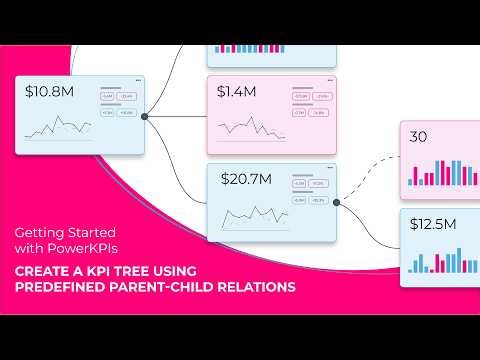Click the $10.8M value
click(x=49, y=92)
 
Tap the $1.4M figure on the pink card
click(x=236, y=92)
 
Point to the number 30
click(x=419, y=135)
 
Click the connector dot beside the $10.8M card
click(x=144, y=117)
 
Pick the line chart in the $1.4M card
click(x=249, y=127)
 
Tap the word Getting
click(x=40, y=229)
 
